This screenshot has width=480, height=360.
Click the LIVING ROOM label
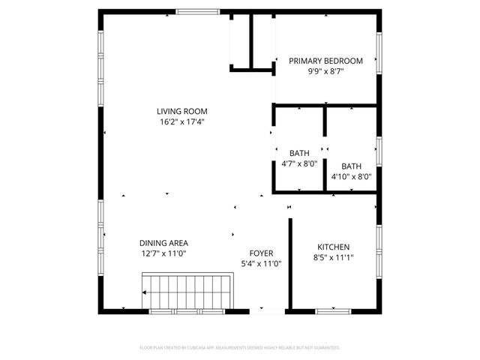(182, 111)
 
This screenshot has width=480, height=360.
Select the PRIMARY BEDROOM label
(325, 61)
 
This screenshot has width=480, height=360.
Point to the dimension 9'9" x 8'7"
(325, 72)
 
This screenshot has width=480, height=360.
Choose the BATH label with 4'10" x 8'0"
(351, 166)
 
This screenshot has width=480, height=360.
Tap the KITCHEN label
(333, 247)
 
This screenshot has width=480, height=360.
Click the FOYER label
(260, 253)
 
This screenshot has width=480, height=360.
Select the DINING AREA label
(163, 243)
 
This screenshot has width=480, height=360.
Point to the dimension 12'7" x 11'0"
(163, 253)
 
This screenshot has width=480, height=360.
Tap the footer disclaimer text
(240, 348)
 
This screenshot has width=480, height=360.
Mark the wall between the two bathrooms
(324, 150)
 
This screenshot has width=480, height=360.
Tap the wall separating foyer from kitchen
(289, 262)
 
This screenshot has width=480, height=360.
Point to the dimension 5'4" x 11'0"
(260, 264)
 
